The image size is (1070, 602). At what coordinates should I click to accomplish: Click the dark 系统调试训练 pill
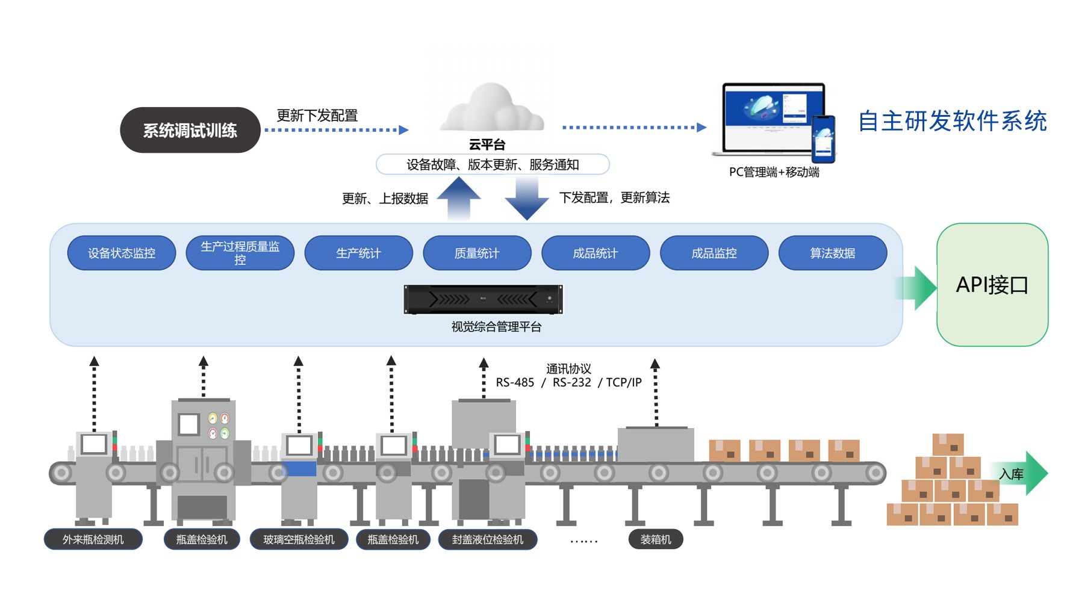click(x=190, y=130)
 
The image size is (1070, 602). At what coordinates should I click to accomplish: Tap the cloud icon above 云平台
click(x=492, y=108)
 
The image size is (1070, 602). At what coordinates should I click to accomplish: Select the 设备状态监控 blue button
click(x=122, y=253)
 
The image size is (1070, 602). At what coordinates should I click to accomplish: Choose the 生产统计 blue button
click(x=359, y=253)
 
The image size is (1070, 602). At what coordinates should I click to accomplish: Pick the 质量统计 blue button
click(x=477, y=253)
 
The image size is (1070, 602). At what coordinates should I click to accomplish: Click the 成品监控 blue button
click(x=714, y=253)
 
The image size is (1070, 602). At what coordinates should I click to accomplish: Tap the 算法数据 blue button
click(x=833, y=253)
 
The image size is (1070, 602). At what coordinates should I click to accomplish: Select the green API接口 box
click(x=992, y=285)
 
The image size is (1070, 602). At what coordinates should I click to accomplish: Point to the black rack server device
click(x=483, y=299)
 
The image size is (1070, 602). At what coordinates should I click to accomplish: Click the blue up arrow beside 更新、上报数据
click(x=459, y=198)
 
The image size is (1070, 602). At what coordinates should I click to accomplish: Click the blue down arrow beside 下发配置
click(x=527, y=199)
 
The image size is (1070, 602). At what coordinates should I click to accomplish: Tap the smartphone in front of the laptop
click(x=823, y=139)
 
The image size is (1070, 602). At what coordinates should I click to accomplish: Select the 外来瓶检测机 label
click(x=93, y=539)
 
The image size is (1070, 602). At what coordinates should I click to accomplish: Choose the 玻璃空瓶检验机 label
click(x=299, y=539)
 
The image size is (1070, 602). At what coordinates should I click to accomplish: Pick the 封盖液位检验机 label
click(x=488, y=539)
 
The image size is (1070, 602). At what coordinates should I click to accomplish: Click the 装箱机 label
click(x=656, y=539)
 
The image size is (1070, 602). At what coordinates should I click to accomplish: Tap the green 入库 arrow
click(x=1024, y=474)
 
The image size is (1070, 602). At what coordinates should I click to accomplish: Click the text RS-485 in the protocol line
click(x=515, y=382)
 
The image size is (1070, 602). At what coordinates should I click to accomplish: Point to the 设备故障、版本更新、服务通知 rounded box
click(x=493, y=164)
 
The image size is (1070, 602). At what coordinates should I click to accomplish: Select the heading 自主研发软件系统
click(x=953, y=121)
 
